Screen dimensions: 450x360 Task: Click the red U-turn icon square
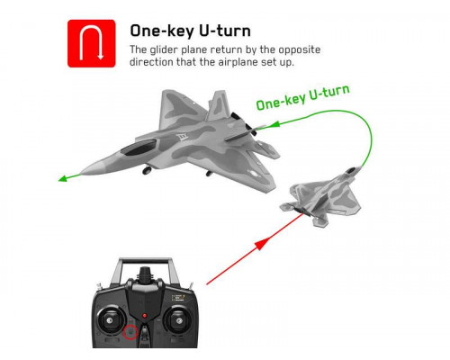[x=92, y=43]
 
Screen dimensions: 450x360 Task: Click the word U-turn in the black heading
[x=225, y=31]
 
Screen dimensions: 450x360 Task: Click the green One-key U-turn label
[x=303, y=97]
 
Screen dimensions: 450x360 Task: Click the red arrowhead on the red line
[x=261, y=242]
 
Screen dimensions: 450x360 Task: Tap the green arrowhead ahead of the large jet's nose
[x=62, y=179]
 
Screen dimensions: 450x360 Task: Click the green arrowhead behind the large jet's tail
[x=274, y=124]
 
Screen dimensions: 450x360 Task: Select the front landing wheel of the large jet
[x=147, y=170]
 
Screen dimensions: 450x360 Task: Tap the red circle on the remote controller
[x=130, y=332]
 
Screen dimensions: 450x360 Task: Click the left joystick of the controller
[x=110, y=320]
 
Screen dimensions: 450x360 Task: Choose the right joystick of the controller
[x=178, y=321]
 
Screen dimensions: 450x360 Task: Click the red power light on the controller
[x=145, y=316]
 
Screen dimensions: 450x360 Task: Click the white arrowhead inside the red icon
[x=101, y=57]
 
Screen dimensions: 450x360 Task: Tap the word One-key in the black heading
[x=162, y=31]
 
